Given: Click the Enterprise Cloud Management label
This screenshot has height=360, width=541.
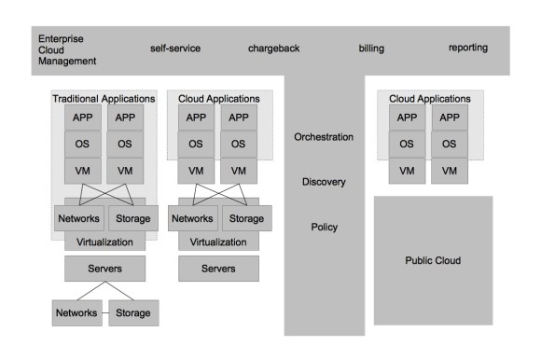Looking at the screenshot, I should [x=67, y=49].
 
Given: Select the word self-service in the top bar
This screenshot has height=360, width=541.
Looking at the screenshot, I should [x=174, y=48].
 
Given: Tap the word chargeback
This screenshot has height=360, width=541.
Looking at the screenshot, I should [x=273, y=48].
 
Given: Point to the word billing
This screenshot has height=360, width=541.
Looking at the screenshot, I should [x=371, y=48].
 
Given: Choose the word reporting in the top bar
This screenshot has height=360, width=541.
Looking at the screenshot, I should [x=467, y=48].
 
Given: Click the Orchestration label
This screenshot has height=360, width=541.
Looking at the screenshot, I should [x=324, y=137].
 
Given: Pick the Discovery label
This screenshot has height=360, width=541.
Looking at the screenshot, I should [x=324, y=182].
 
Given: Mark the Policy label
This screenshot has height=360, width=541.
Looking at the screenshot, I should [x=324, y=227].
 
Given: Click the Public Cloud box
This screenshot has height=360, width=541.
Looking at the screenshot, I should [x=433, y=260].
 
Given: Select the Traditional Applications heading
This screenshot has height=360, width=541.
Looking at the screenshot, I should [x=104, y=98].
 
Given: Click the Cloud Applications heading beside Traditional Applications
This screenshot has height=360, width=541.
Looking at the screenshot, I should [x=220, y=98].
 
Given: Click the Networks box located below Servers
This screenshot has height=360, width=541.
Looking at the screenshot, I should [x=76, y=312].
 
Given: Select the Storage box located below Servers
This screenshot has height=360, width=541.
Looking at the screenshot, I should [x=132, y=312].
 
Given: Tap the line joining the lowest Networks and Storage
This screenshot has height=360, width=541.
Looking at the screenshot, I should [x=104, y=312].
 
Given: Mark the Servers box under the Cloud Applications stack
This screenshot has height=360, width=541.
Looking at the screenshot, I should [x=218, y=269].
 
